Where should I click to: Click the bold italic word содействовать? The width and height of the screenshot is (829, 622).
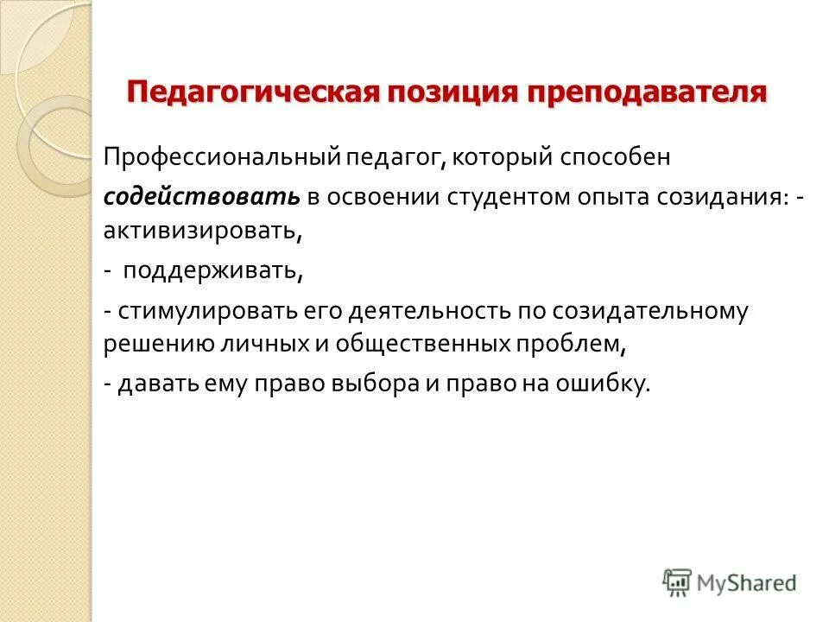pos(202,196)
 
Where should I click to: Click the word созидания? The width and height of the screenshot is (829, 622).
pos(730,196)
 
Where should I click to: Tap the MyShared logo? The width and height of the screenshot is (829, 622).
pos(730,582)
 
